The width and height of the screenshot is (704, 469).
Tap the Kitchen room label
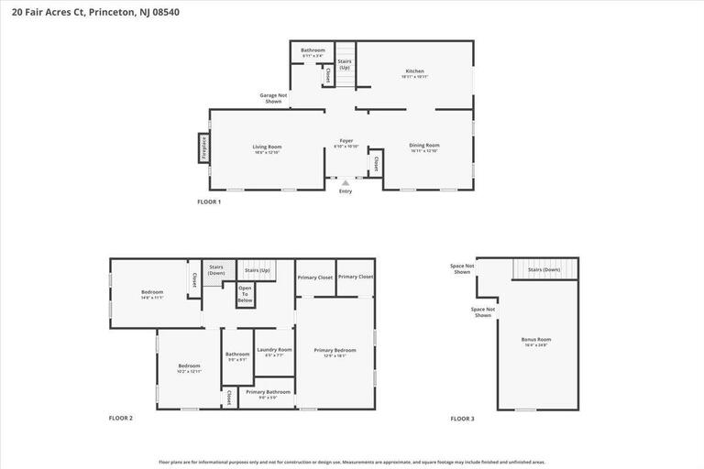tap(415, 71)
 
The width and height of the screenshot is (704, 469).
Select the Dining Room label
tap(424, 146)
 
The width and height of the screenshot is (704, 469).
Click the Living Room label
tap(267, 147)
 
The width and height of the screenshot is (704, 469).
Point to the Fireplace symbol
tap(203, 147)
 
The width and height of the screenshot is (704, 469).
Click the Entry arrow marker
tap(346, 184)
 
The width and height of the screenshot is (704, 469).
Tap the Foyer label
tap(346, 141)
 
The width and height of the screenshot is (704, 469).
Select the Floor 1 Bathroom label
tap(313, 50)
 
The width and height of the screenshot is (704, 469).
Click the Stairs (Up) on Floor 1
tap(345, 64)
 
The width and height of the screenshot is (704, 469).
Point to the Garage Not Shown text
tap(273, 98)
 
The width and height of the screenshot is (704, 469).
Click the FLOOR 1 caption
tap(209, 202)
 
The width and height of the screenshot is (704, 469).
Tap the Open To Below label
tap(245, 295)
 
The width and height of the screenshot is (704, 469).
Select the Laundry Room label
tap(274, 350)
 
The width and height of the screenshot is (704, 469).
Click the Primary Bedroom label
tap(335, 350)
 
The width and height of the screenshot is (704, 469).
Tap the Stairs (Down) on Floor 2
tap(216, 269)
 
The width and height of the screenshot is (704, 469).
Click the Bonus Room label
tap(536, 340)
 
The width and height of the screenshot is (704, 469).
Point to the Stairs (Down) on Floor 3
tap(544, 269)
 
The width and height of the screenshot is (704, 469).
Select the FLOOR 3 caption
tap(462, 419)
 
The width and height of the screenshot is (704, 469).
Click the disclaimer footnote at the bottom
tap(352, 462)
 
